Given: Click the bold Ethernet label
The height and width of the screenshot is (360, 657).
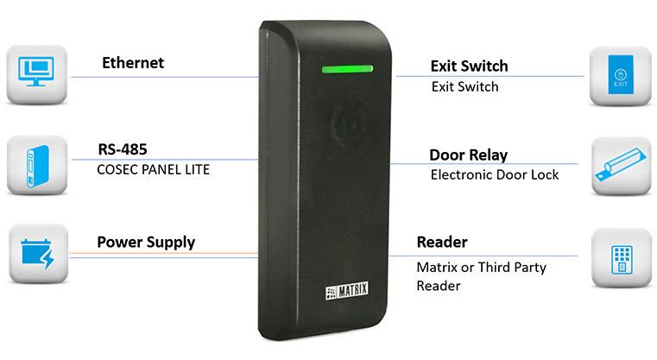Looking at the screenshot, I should coord(132,63).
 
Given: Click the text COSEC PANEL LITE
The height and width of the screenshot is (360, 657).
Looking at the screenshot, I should coord(154,170).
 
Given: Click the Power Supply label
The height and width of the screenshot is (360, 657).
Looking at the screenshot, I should coord(146,242).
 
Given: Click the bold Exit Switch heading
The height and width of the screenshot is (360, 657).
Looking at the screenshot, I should coord(469,66).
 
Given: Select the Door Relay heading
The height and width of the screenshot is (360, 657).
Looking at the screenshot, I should coord(468,155).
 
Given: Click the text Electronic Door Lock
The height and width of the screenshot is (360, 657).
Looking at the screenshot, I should coord(495,174).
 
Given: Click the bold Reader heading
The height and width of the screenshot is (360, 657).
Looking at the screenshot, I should coord(442,242).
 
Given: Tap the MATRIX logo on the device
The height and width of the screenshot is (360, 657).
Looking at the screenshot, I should coord(347,289).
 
